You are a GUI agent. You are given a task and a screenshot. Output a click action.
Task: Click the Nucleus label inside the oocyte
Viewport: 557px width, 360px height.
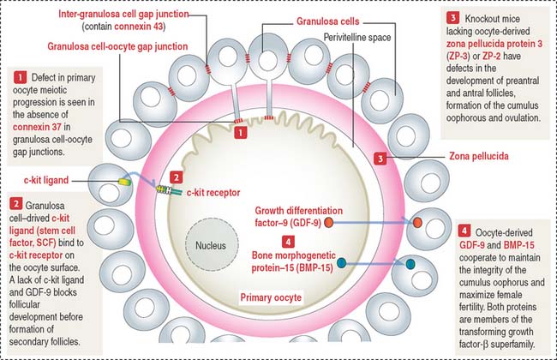pos(211,244)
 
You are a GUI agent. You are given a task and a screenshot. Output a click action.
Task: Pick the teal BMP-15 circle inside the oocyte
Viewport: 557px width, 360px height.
pos(343,262)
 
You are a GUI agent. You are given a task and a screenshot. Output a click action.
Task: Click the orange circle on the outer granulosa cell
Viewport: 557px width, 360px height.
pos(418,223)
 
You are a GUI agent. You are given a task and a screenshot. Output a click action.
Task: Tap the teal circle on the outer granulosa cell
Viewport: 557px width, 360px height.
pos(410,263)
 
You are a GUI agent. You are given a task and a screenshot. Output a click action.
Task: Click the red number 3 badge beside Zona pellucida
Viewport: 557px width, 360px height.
pos(380,158)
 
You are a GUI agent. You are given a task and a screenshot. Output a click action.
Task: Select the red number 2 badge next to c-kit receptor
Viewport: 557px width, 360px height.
pos(176,177)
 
